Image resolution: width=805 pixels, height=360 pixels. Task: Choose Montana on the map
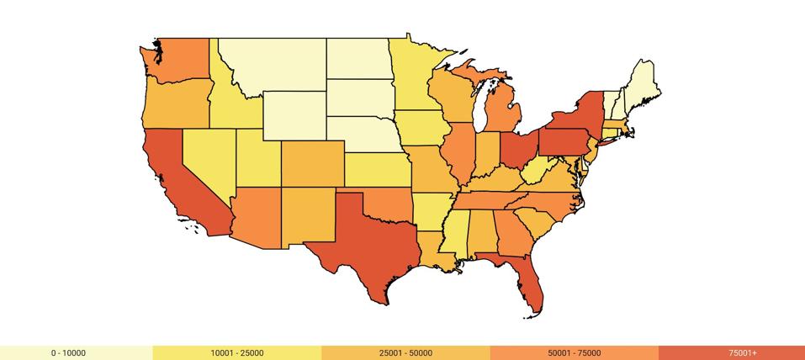[x=278, y=63]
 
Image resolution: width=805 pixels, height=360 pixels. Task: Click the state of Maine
[x=643, y=84]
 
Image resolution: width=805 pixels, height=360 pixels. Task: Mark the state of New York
[x=585, y=114]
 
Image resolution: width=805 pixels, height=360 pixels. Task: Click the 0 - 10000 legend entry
[x=68, y=353]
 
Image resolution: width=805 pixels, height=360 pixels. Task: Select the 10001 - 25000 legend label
[x=237, y=353]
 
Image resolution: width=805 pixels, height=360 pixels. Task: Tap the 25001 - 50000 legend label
[x=405, y=353]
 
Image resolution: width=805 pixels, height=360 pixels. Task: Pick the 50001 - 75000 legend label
[x=574, y=353]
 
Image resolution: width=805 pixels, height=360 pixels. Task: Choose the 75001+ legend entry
[x=743, y=353]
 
